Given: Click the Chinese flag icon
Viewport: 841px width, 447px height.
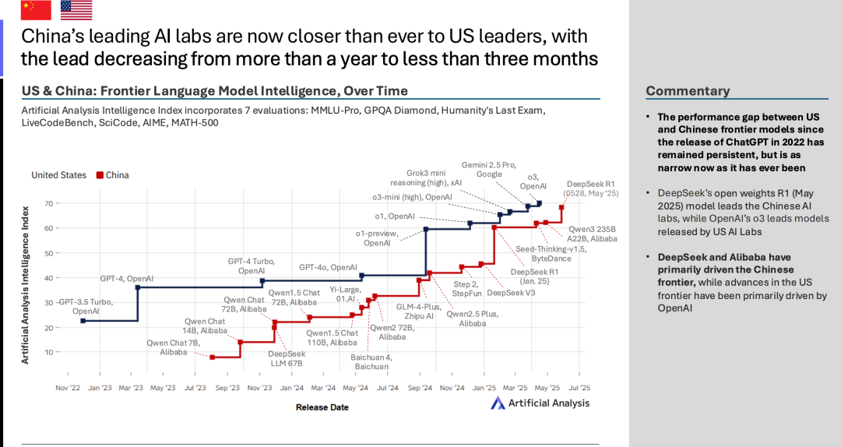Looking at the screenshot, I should pyautogui.click(x=36, y=10).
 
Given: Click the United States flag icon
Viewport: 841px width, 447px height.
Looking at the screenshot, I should pyautogui.click(x=76, y=10).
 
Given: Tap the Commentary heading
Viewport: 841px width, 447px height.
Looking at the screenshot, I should pyautogui.click(x=688, y=91).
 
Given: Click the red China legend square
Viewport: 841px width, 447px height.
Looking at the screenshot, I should pyautogui.click(x=99, y=175).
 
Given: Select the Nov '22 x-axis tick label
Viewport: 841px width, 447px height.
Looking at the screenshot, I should pyautogui.click(x=68, y=387).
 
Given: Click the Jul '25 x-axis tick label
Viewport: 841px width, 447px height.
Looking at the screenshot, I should pyautogui.click(x=579, y=387).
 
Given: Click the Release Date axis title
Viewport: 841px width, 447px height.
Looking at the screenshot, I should pyautogui.click(x=322, y=407).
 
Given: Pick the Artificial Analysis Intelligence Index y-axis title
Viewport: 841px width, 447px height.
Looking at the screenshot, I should pyautogui.click(x=25, y=284).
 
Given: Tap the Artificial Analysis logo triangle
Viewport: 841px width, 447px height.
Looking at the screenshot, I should pyautogui.click(x=498, y=403).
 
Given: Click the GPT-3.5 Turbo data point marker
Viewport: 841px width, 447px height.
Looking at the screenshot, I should pyautogui.click(x=83, y=321).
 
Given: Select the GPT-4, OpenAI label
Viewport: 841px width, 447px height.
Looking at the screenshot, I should pyautogui.click(x=127, y=278).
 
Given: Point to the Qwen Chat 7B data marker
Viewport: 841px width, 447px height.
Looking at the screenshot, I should pyautogui.click(x=212, y=357).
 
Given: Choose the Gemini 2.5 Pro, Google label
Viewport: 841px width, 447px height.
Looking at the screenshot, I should pyautogui.click(x=490, y=171).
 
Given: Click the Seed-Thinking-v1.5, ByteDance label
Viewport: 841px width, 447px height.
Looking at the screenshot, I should pyautogui.click(x=551, y=254).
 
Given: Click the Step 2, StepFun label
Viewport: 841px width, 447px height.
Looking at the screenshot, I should pyautogui.click(x=467, y=290).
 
